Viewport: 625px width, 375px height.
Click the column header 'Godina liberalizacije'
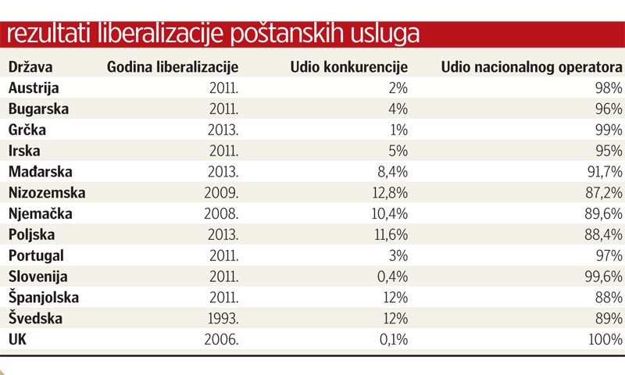pyautogui.click(x=172, y=67)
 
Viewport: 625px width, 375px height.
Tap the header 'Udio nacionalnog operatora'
pyautogui.click(x=531, y=67)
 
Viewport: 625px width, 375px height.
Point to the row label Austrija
pyautogui.click(x=34, y=87)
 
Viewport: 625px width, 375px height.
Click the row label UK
pyautogui.click(x=19, y=339)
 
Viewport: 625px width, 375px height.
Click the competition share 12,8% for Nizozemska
pyautogui.click(x=388, y=192)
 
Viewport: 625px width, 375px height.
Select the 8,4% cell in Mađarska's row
pyautogui.click(x=391, y=171)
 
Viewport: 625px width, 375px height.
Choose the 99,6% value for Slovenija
pyautogui.click(x=602, y=276)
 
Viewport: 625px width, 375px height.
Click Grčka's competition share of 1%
pyautogui.click(x=397, y=130)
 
